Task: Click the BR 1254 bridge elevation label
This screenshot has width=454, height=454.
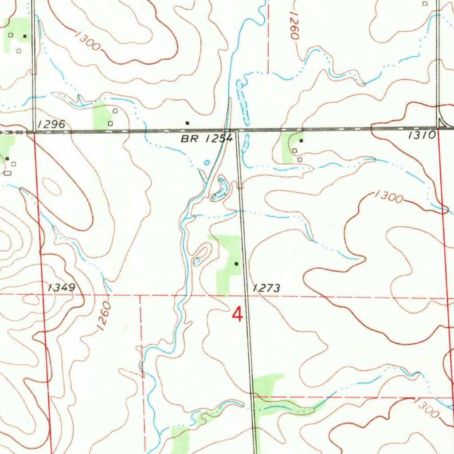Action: coord(207,139)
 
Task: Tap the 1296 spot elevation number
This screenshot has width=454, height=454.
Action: coord(51,125)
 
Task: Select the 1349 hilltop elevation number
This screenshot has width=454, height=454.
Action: coord(61,288)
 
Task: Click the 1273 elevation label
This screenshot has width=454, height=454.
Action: coord(266,288)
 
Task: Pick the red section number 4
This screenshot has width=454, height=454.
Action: coord(238,315)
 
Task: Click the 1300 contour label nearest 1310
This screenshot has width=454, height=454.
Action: coord(388,196)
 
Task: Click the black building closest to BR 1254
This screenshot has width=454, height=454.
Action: coord(187,122)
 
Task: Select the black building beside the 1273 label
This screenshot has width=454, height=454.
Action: coord(236,263)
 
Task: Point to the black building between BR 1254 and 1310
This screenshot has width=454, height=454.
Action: coord(301,141)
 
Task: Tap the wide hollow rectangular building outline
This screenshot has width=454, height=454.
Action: coord(7,173)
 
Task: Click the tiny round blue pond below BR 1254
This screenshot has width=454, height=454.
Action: coord(207,163)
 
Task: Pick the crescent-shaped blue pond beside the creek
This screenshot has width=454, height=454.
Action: coord(220,190)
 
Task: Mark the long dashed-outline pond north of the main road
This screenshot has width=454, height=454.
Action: coord(243,102)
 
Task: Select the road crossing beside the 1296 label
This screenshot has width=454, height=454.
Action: coord(34,131)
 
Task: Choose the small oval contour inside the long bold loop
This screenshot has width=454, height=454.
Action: coord(52,187)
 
